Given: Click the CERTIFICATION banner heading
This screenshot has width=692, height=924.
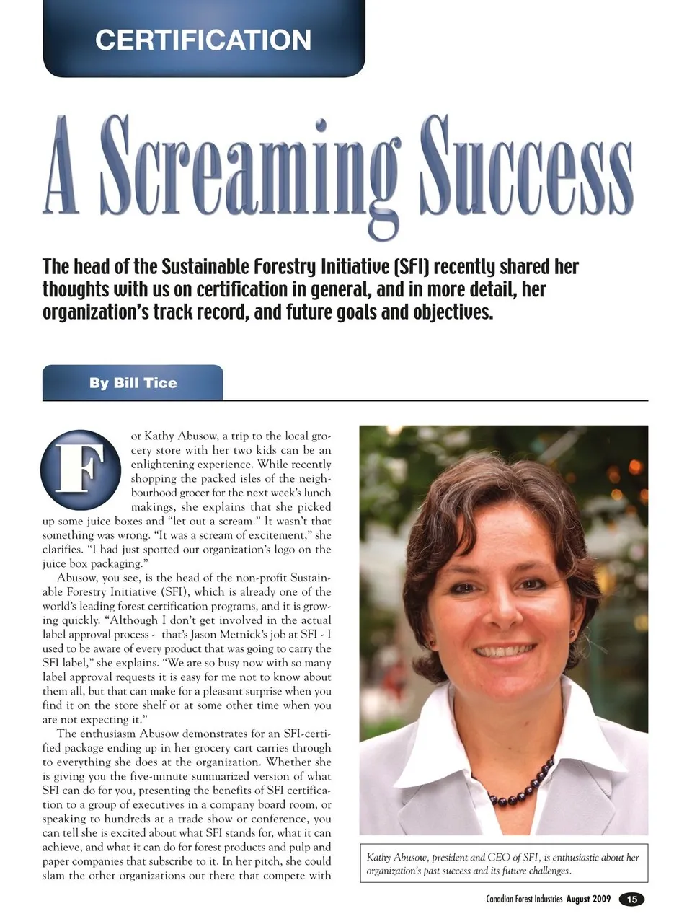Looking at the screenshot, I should tap(203, 40).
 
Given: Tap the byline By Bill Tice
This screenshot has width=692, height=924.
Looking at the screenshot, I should tap(133, 383).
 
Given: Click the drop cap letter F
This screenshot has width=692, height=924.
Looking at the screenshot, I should tap(81, 470).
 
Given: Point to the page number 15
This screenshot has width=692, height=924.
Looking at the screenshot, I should tap(631, 899).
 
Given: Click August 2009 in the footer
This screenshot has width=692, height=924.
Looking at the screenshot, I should tap(588, 899).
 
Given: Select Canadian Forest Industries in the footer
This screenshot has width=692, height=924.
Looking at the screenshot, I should tap(524, 899).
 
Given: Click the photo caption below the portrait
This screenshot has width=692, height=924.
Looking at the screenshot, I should tap(503, 863).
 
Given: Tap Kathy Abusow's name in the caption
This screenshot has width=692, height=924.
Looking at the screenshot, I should tap(396, 858).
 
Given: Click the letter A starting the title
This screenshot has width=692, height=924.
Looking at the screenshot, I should tap(61, 170).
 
